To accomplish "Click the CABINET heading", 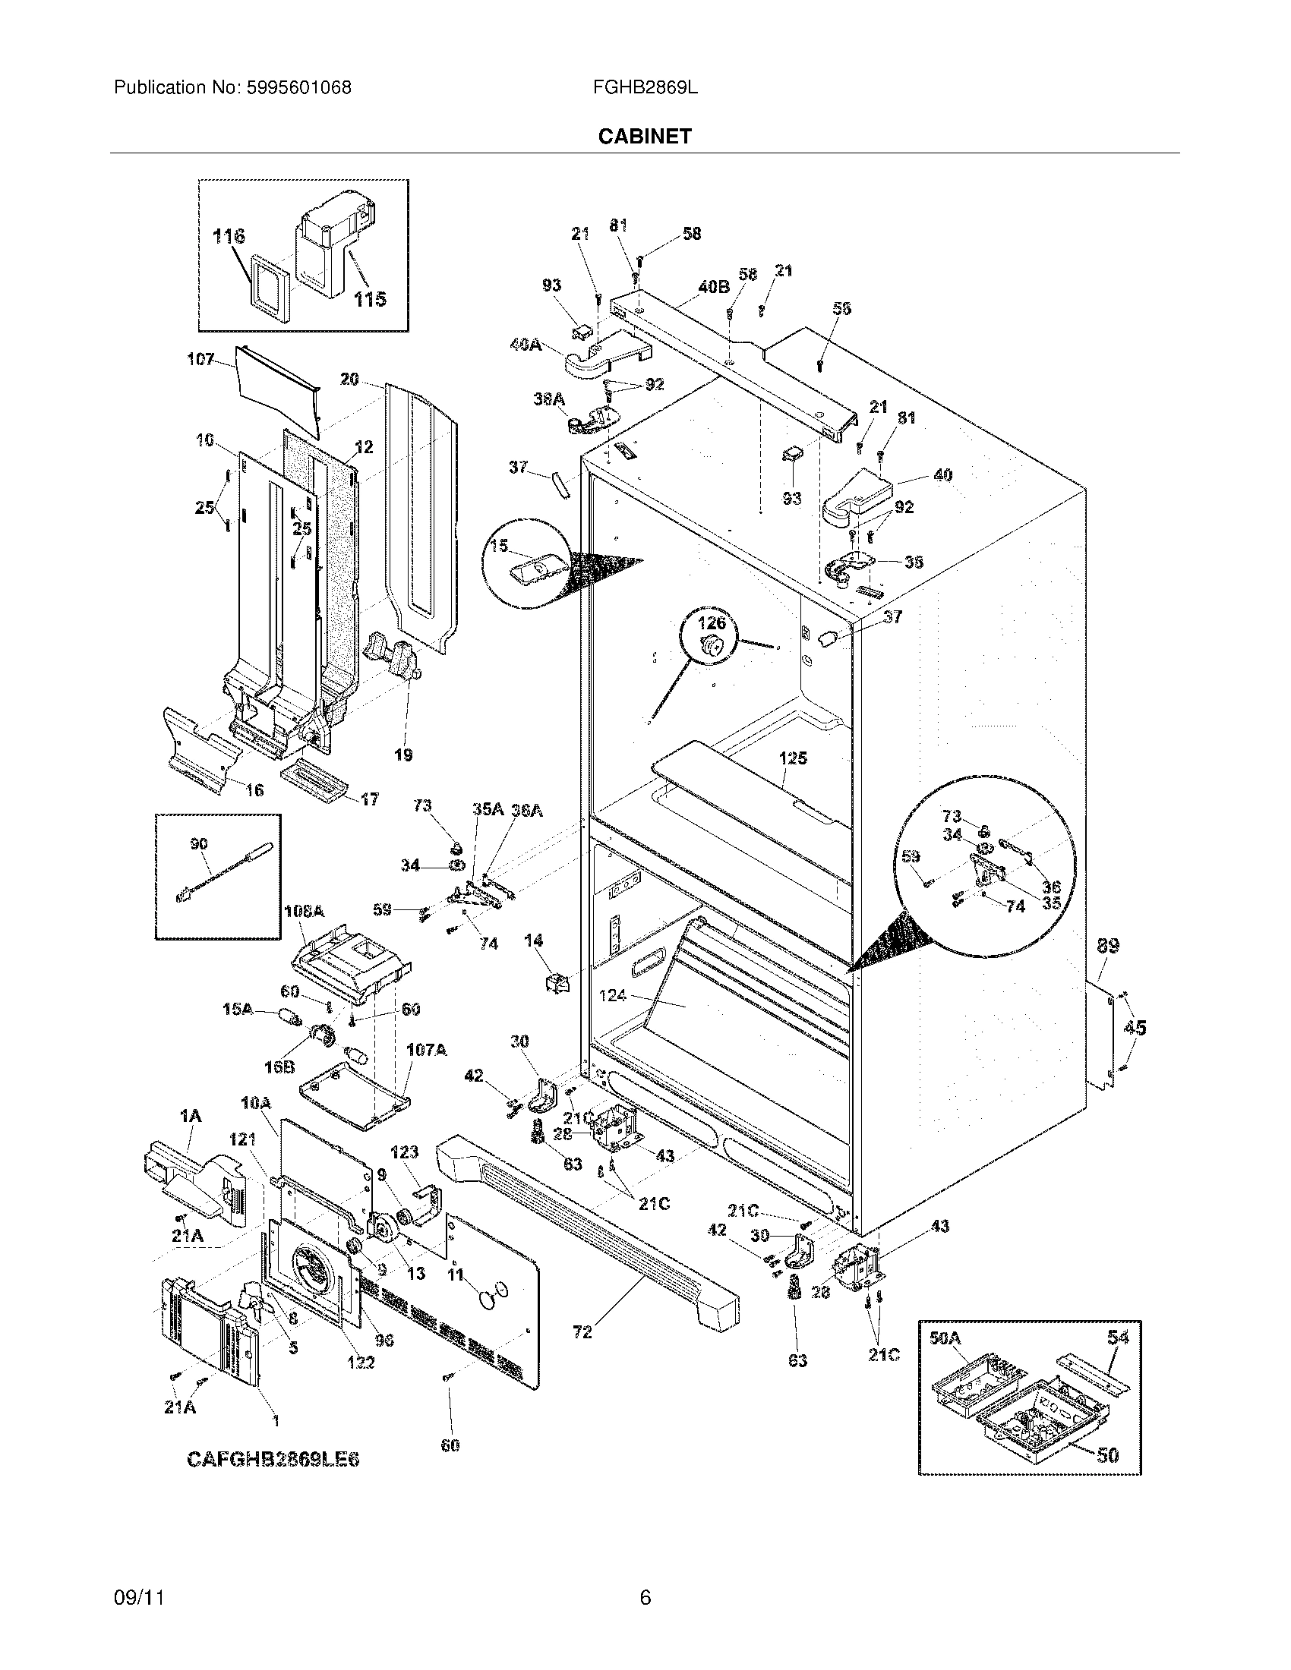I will (644, 136).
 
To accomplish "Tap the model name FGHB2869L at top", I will (644, 88).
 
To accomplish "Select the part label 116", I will (229, 236).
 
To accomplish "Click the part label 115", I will (369, 299).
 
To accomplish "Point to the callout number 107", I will (200, 358).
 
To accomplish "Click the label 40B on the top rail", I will (713, 287).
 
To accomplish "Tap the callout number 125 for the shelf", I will (793, 758).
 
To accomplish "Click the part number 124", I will (613, 995).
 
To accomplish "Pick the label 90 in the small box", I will (199, 843).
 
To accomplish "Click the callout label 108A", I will (304, 912).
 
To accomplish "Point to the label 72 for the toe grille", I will (582, 1332).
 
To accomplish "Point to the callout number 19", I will (403, 755).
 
